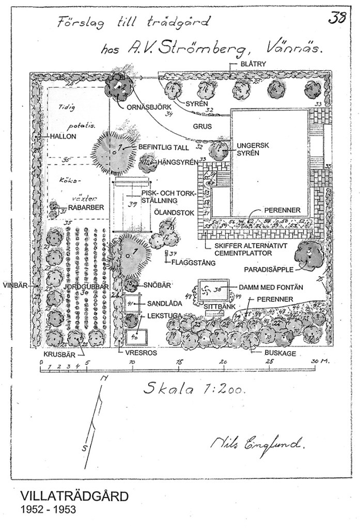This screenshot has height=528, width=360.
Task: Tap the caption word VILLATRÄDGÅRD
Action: click(x=73, y=498)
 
